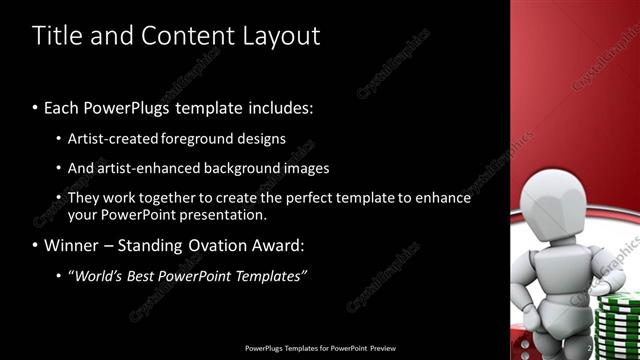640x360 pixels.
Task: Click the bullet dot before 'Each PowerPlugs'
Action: click(x=36, y=107)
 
